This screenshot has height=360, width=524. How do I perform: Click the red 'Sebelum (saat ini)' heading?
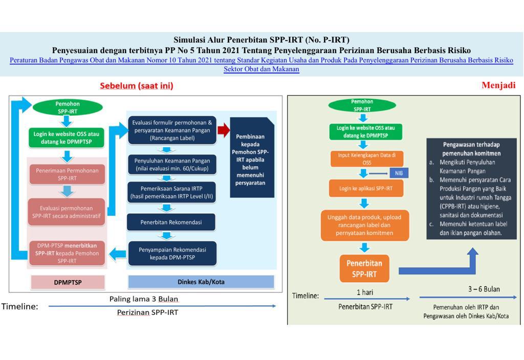pos(136,86)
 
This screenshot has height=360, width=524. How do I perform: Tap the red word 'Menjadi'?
pos(498,85)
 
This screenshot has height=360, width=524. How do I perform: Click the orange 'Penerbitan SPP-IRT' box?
pos(364,269)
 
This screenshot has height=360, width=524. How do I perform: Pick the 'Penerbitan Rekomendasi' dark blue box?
pos(171,222)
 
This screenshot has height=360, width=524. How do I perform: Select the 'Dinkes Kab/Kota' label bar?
pos(201,282)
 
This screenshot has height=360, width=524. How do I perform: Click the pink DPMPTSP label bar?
pos(68,282)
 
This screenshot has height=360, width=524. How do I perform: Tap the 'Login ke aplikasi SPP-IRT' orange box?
pos(364,189)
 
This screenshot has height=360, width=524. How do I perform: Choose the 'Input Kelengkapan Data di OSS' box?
pos(364,159)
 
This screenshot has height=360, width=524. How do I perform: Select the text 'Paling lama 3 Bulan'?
pos(144,299)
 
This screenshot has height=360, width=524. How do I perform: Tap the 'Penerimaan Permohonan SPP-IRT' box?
pos(67,173)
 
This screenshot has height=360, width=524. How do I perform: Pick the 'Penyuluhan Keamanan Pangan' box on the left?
pos(171,164)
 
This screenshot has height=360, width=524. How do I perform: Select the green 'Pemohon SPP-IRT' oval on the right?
pos(362,105)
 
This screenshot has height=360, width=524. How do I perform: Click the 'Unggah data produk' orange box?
pos(364,225)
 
